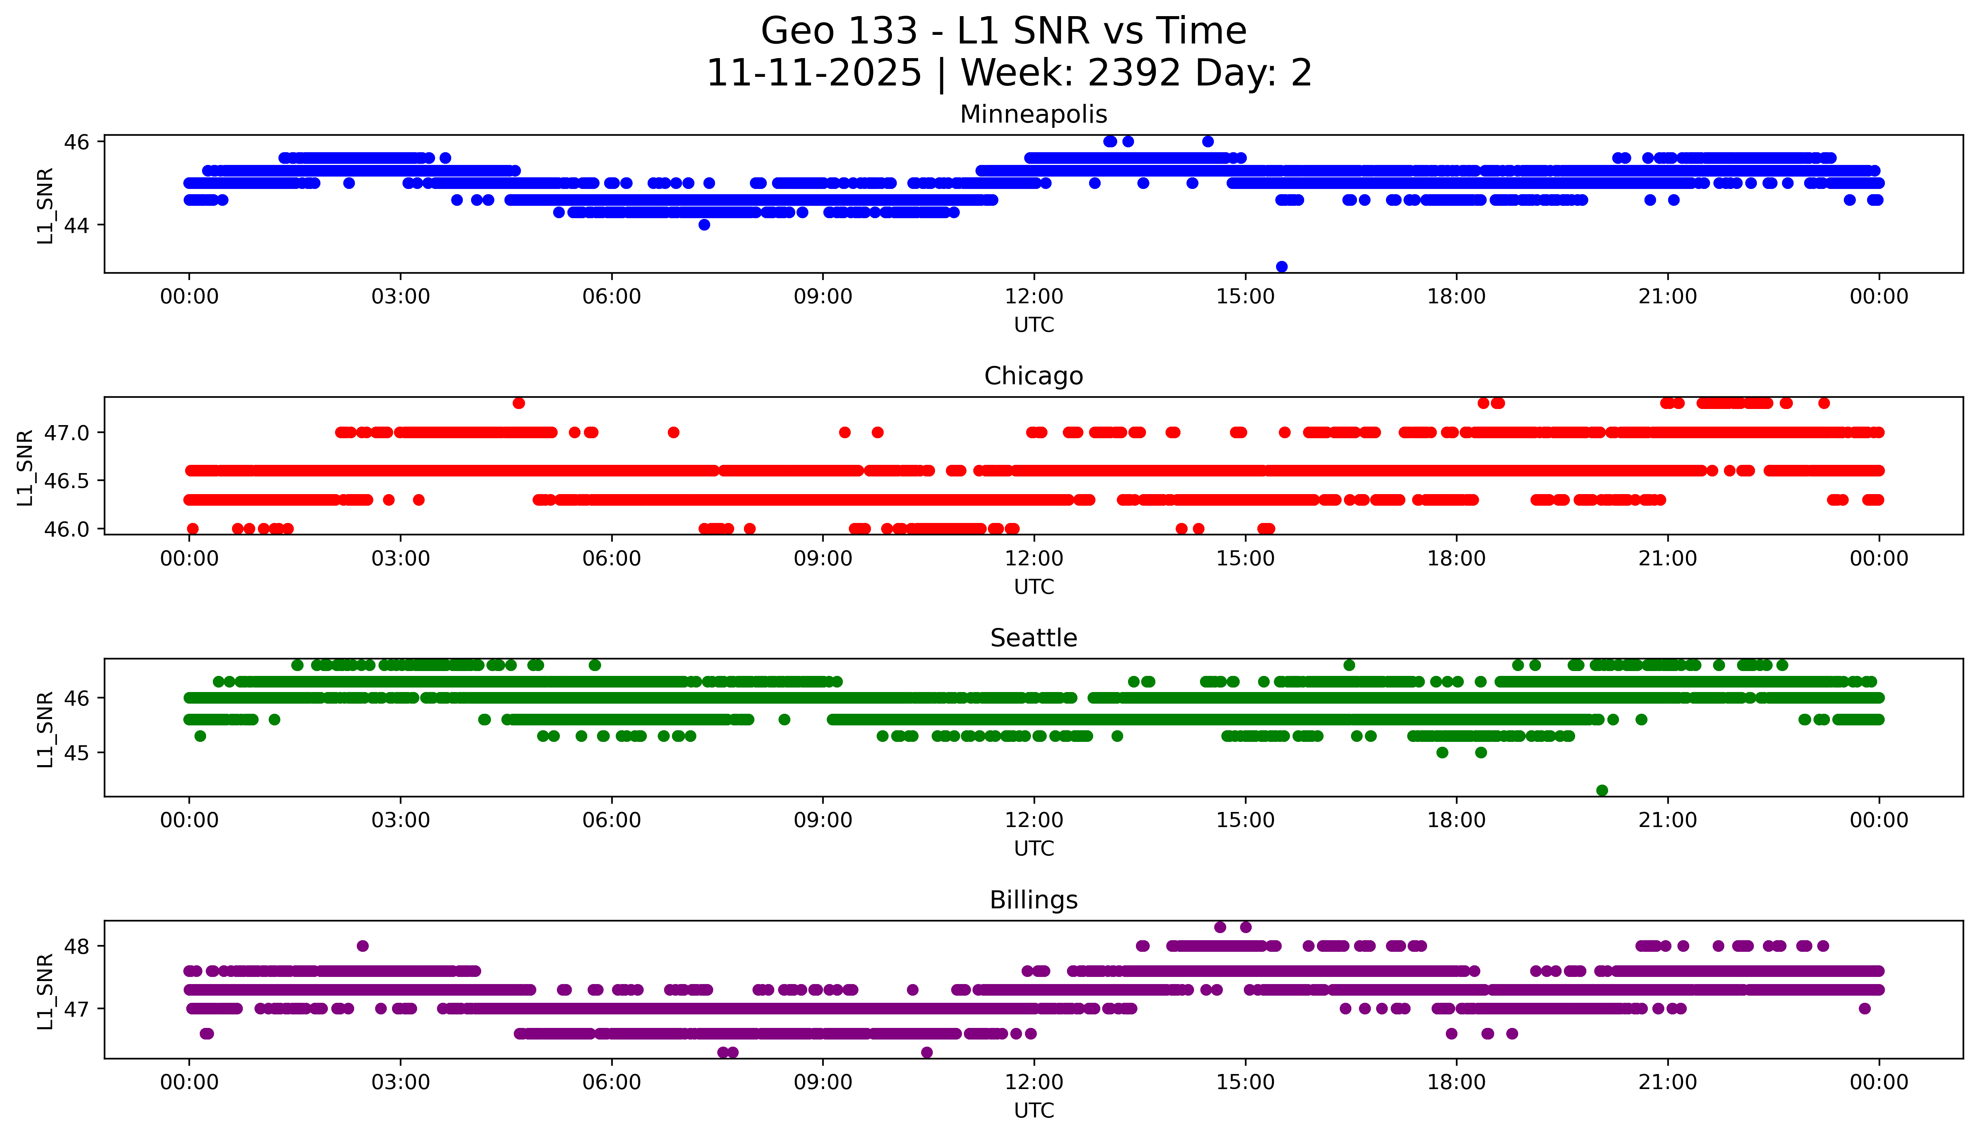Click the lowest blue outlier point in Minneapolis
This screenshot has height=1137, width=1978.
1281,266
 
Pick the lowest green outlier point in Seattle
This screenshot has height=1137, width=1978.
1602,790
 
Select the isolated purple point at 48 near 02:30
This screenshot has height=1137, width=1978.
362,946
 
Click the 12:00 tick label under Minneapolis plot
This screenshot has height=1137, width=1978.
1034,297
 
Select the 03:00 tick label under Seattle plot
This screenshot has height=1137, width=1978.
401,820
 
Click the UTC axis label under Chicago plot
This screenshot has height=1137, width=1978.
1034,586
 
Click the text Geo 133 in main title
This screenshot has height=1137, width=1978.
838,31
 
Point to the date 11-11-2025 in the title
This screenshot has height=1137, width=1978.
813,73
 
